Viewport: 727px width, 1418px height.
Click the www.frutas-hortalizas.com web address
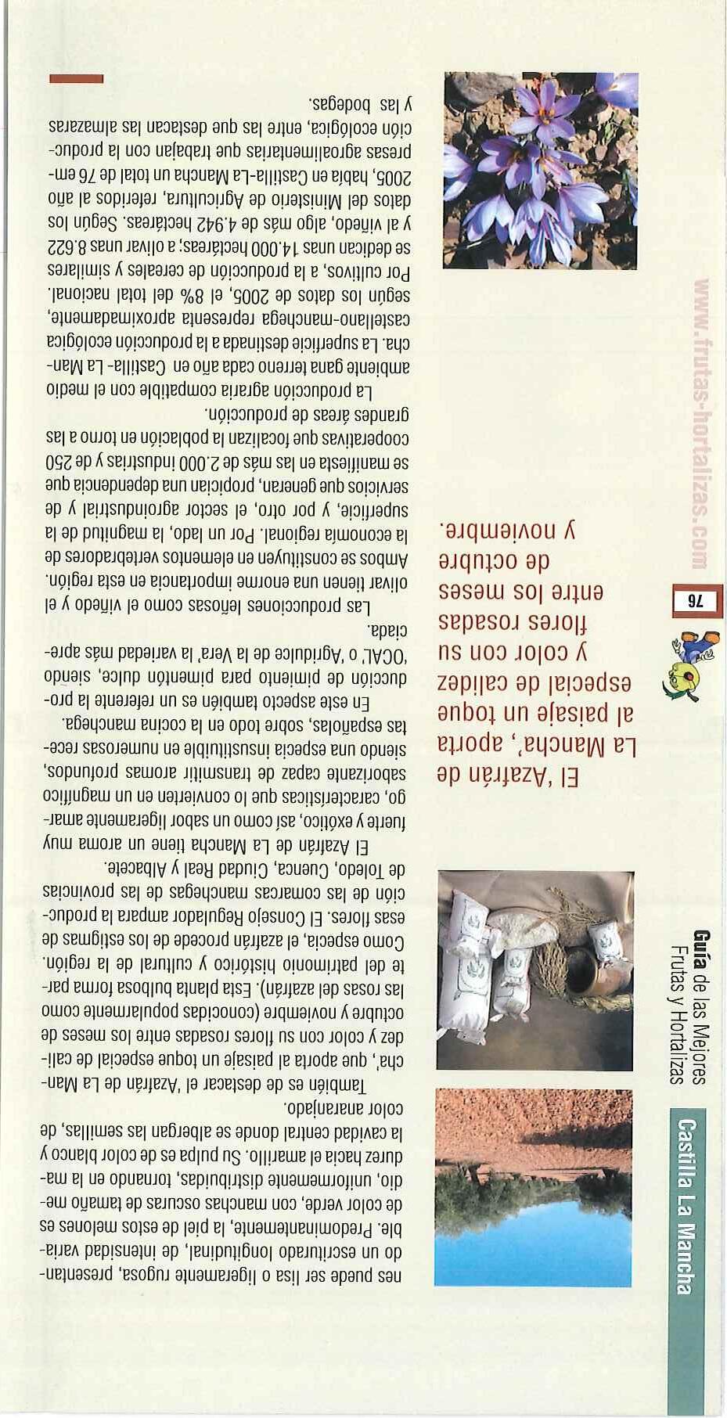point(700,423)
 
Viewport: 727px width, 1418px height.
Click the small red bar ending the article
point(76,78)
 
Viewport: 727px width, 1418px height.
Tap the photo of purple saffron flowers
point(540,171)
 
